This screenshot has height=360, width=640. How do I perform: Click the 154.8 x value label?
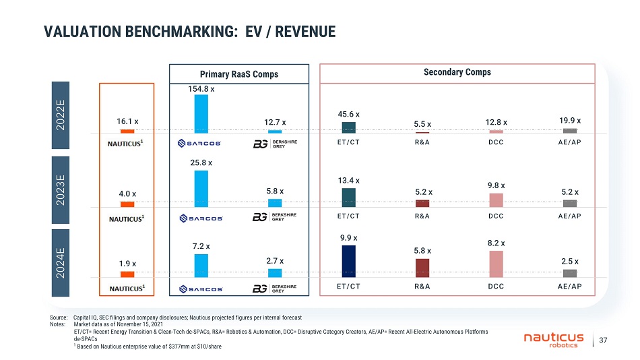pos(201,88)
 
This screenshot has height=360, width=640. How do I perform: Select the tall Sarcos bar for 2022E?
pos(201,113)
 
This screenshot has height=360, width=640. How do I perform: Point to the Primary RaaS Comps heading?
pos(238,73)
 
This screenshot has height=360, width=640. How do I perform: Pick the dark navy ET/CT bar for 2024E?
pos(349,261)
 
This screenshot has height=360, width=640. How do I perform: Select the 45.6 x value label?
pos(349,115)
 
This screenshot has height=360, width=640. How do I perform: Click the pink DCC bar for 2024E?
pos(496,264)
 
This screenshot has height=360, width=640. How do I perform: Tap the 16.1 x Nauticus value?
pos(127,121)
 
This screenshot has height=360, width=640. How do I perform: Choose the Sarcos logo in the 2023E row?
pos(201,218)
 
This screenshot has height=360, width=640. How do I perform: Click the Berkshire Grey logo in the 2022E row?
pos(274,144)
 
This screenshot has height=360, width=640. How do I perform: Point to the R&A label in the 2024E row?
pos(422,287)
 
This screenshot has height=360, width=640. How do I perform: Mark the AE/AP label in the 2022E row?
pos(569,143)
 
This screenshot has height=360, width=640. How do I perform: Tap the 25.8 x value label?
pos(201,162)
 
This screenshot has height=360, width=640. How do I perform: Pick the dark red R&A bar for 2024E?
pos(422,268)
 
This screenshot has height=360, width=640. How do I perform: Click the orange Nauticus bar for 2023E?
pos(127,204)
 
